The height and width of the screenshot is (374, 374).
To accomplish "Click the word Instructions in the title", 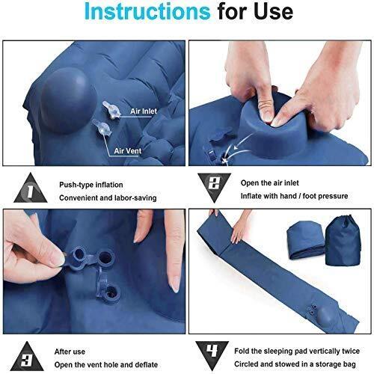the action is coord(147,11).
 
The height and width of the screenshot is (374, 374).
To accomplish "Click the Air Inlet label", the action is coord(144,111).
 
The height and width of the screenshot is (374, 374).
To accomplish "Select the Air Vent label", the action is coord(127,151).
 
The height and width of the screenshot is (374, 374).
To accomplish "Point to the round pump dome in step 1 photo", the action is coord(67,100).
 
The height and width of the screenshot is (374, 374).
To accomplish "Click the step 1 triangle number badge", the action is coord(31,188).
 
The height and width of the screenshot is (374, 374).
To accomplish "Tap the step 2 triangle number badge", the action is coord(214,186).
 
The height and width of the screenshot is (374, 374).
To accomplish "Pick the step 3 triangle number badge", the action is coord(28,357).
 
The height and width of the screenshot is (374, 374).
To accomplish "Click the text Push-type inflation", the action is coord(91,185).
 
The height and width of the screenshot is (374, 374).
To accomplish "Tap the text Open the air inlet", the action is coord(269,183).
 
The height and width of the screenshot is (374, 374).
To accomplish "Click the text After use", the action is coord(70,352).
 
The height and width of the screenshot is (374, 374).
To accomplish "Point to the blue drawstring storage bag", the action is coord(343,241).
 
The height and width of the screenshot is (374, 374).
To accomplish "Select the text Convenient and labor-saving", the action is coord(108,198).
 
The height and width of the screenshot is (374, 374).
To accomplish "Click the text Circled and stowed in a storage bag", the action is coord(295,364).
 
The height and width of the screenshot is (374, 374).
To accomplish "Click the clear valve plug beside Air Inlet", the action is coord(111,110).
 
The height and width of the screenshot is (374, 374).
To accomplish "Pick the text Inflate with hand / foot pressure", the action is coord(294,196).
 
